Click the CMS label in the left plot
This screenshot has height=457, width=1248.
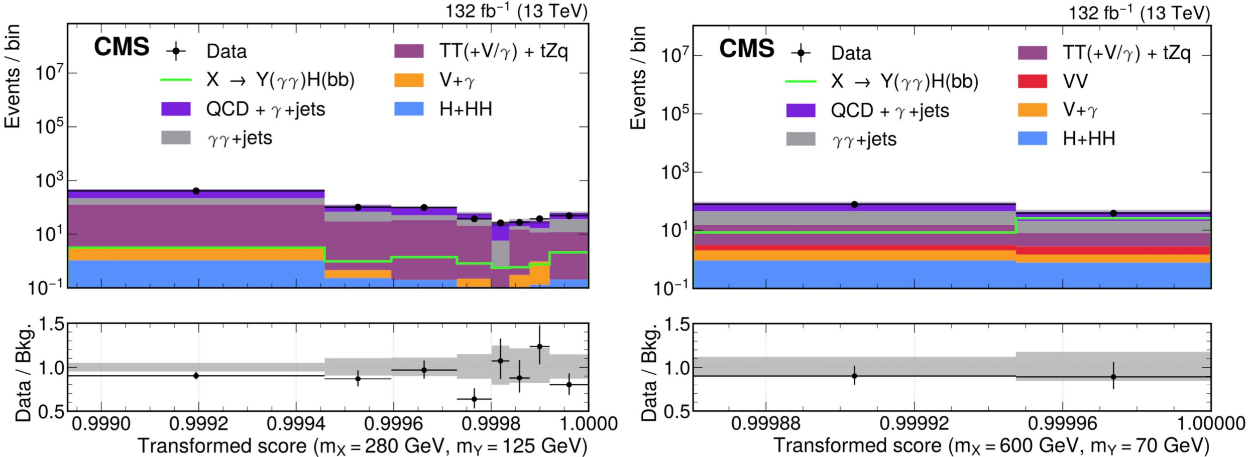(x=122, y=47)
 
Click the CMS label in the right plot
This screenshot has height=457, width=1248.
(x=746, y=49)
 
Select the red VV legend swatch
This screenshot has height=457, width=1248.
(x=1033, y=81)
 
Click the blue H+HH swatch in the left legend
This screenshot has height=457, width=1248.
(x=409, y=109)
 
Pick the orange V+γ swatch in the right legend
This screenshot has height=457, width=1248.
(x=1033, y=110)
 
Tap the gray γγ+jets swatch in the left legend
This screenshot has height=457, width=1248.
(x=176, y=137)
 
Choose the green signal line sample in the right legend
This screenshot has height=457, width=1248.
(x=801, y=81)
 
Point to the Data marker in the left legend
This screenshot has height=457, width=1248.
(x=176, y=51)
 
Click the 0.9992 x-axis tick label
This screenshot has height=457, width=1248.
(x=198, y=424)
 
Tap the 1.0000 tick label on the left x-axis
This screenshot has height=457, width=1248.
(x=589, y=424)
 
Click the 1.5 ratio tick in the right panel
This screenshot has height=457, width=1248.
(x=677, y=325)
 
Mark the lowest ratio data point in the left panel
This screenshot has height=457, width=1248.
(x=474, y=399)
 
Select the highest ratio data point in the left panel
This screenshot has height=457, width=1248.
(x=539, y=346)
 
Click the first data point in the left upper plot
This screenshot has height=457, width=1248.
(x=196, y=191)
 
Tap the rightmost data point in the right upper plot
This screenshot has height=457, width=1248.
(x=1113, y=213)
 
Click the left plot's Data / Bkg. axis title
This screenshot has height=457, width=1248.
(x=23, y=371)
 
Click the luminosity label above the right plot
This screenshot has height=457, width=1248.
(x=1139, y=13)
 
